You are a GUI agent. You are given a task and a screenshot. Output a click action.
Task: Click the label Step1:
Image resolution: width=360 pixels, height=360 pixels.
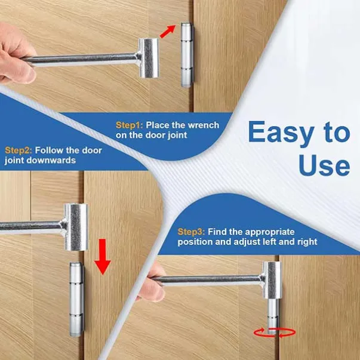pos(130,125)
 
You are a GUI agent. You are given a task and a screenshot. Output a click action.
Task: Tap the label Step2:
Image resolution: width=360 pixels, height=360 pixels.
pos(19,150)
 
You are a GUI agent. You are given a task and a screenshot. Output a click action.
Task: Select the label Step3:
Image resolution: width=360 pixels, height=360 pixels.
pos(191,232)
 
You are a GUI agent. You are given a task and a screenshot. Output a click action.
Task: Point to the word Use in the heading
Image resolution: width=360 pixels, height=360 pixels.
pos(324,165)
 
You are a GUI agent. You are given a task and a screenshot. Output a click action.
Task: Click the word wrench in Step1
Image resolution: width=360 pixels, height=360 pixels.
pos(204,125)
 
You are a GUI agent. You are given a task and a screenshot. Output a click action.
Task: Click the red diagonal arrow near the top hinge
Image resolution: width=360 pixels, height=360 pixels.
pos(168,32)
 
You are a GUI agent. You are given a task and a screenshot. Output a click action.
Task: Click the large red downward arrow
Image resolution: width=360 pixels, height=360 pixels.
pos(103,257)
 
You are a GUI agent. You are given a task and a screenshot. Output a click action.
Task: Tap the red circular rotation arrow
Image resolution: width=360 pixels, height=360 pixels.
pos(275,333)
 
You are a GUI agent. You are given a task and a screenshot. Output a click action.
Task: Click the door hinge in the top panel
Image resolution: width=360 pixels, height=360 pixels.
pos(187,55)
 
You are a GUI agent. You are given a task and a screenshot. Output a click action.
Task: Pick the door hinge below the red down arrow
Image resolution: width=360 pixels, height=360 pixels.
pos(77,299)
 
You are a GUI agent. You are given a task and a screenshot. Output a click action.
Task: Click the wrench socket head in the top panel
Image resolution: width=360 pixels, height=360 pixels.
pos(149,58)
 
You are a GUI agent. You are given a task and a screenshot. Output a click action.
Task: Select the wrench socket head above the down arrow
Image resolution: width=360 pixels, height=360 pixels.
pos(76,227)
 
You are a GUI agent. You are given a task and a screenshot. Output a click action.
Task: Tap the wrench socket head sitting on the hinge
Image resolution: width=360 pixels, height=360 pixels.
pos(272,280)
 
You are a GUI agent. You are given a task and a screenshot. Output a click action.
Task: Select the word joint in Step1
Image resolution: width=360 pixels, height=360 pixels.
pos(177,136)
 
